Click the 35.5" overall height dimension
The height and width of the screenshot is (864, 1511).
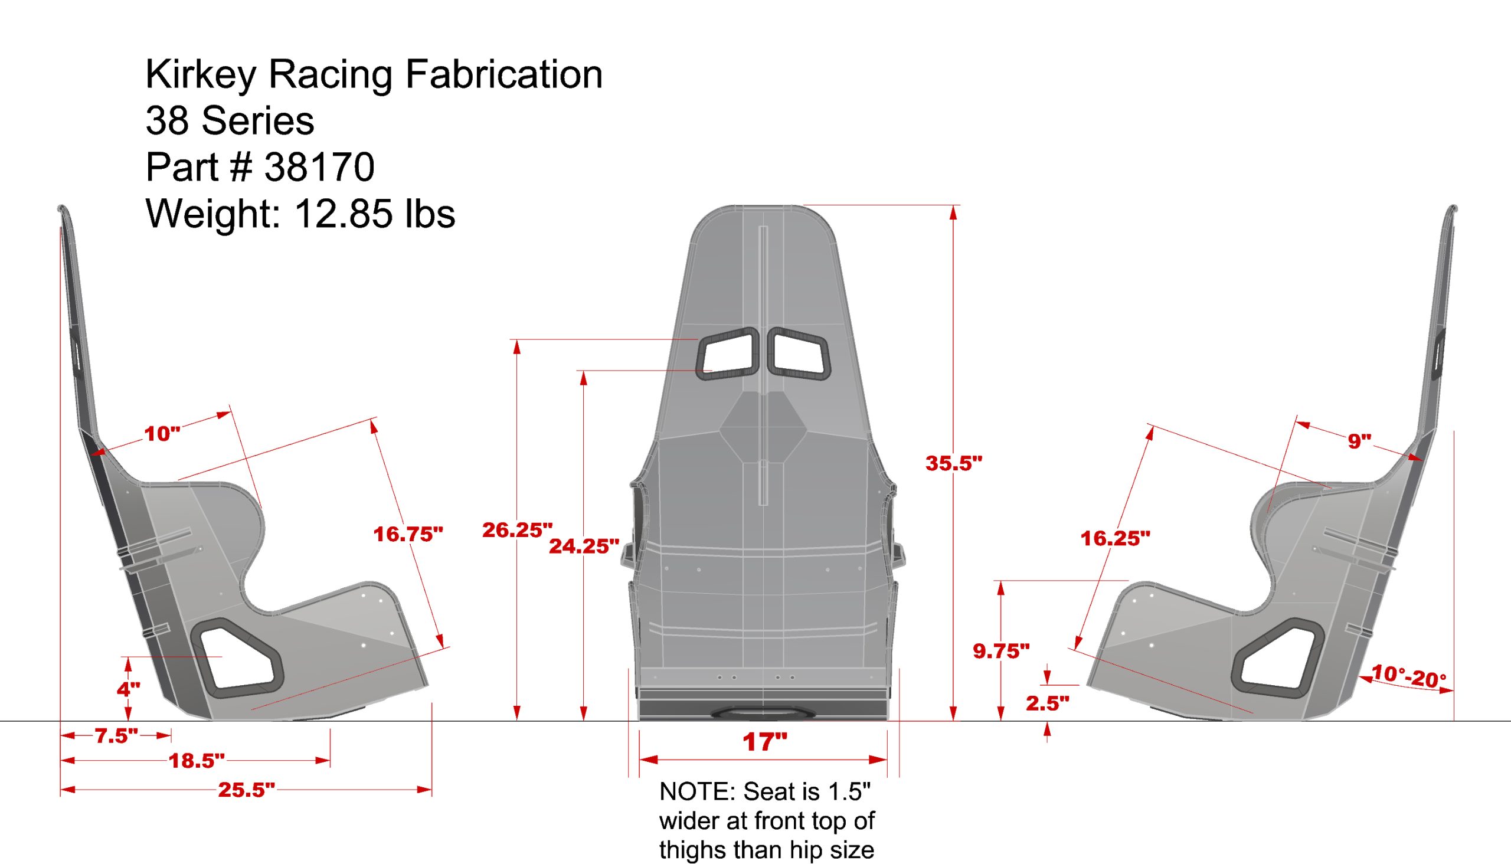click(x=954, y=463)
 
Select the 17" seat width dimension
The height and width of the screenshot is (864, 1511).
click(x=764, y=742)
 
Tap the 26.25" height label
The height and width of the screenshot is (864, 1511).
click(x=517, y=530)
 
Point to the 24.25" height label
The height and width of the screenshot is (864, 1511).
click(x=584, y=546)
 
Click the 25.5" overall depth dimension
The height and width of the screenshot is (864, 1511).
click(x=246, y=790)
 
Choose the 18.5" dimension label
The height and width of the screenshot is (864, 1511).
click(x=197, y=761)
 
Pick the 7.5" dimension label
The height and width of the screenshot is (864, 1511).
click(x=116, y=736)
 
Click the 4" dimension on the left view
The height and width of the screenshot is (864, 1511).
click(x=128, y=689)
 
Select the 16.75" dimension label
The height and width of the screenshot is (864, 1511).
click(x=408, y=534)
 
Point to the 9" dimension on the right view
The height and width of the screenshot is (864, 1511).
click(x=1359, y=441)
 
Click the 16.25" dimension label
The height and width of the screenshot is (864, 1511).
click(x=1115, y=538)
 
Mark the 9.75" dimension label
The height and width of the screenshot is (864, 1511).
click(x=1001, y=651)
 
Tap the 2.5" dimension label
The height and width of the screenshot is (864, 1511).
click(x=1048, y=703)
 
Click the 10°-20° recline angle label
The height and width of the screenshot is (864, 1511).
click(x=1408, y=676)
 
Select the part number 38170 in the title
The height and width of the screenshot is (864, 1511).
click(x=319, y=167)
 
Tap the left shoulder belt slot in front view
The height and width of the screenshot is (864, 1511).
click(x=728, y=354)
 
